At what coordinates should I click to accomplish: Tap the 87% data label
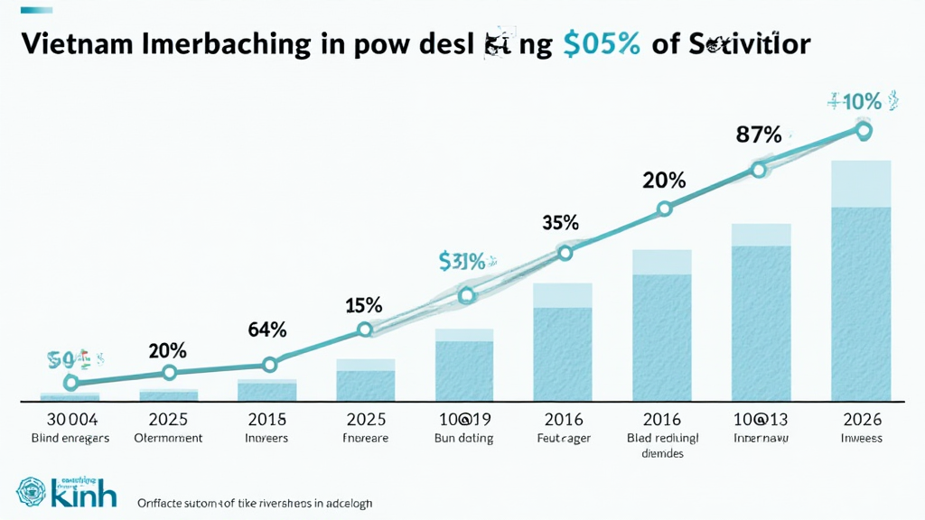tap(759, 135)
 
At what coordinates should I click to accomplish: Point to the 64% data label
tap(266, 330)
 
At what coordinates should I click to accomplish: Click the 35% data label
tap(560, 222)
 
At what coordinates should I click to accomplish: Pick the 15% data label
tap(364, 305)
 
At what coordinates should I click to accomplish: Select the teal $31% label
tap(462, 262)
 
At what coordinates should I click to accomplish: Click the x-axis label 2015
tap(267, 420)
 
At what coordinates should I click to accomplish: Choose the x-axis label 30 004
tap(70, 420)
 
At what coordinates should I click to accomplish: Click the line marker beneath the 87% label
tap(759, 169)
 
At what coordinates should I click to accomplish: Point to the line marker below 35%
tap(565, 253)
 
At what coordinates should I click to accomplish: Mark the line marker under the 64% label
tap(268, 365)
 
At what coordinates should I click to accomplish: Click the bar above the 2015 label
tap(267, 390)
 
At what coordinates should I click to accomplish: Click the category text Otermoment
tap(168, 438)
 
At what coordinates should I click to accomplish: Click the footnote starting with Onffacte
tap(254, 502)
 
